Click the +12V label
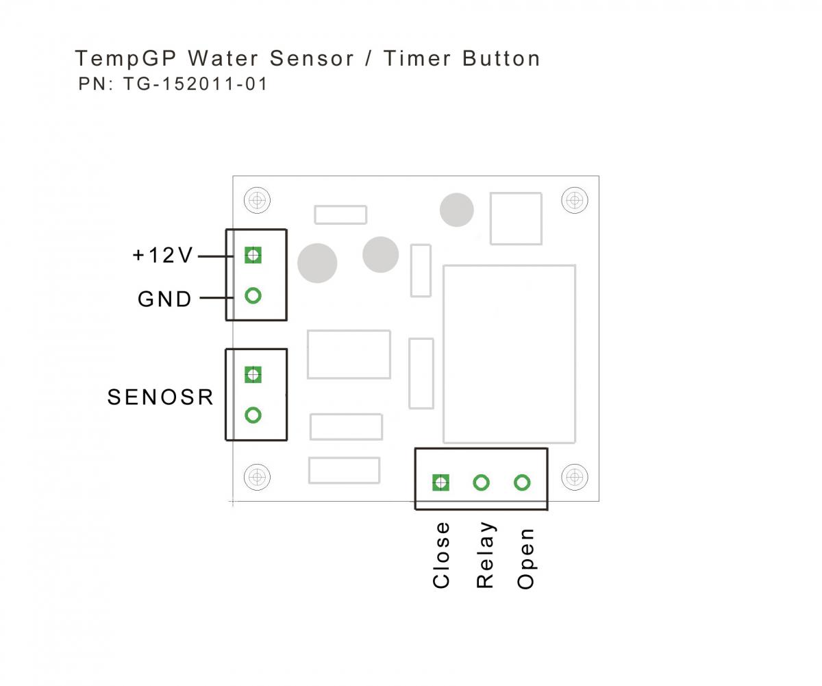(163, 256)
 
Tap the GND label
(165, 299)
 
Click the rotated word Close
(442, 555)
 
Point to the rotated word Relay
(485, 555)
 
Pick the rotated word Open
(525, 559)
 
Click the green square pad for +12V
(253, 255)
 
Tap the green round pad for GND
(253, 295)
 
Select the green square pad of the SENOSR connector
(253, 374)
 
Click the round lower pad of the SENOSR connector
(253, 415)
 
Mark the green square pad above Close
(440, 482)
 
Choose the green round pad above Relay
(482, 482)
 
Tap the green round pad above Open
(522, 482)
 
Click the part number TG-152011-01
(195, 84)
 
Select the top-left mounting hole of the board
(257, 200)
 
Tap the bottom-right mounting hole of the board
(574, 476)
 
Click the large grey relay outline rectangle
(509, 354)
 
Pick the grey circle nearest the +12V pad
(317, 263)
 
